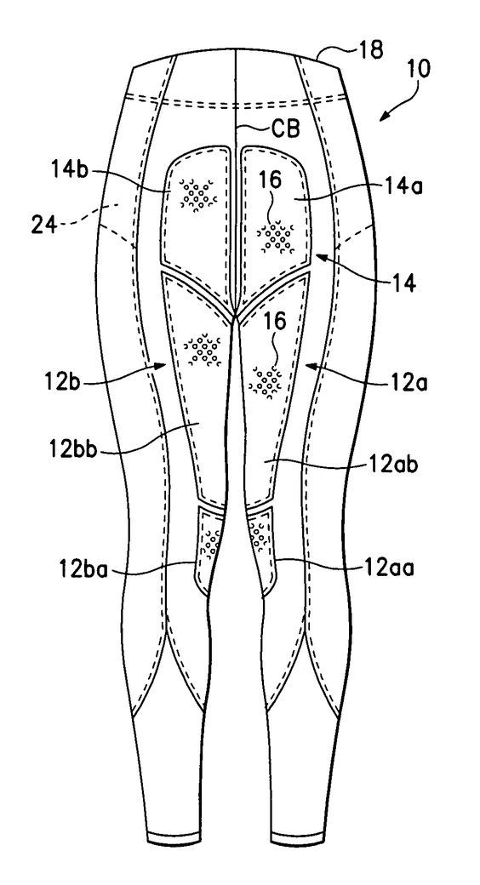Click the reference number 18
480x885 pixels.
(x=370, y=51)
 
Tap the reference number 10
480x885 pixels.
(x=417, y=69)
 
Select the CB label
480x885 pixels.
(x=285, y=128)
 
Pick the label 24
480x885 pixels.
(x=44, y=226)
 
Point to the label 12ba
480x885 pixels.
(x=87, y=568)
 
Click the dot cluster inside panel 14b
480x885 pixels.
(x=198, y=194)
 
